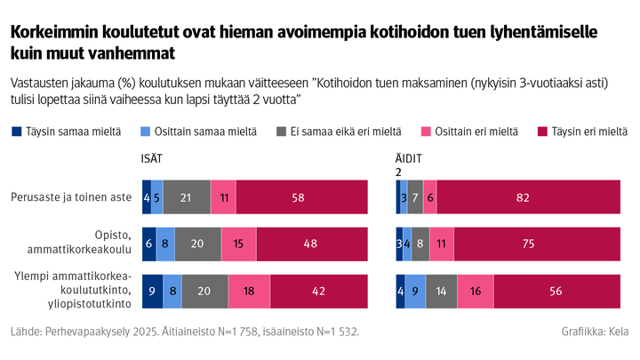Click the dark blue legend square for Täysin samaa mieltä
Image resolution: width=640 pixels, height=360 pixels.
click(17, 132)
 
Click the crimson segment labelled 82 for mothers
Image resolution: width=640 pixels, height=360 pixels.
click(529, 196)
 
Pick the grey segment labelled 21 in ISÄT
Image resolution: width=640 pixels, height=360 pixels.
click(187, 196)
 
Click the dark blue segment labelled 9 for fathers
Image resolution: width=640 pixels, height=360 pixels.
click(152, 291)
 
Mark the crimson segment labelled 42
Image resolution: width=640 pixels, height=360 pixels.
click(319, 291)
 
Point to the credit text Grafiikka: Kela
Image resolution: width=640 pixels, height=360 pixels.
click(595, 332)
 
